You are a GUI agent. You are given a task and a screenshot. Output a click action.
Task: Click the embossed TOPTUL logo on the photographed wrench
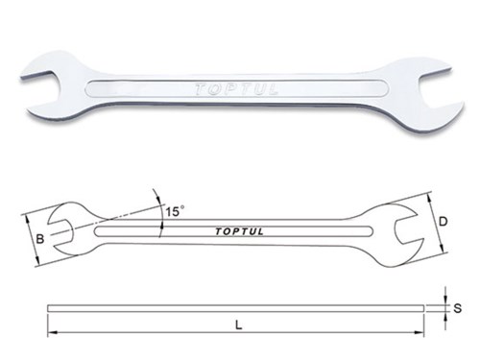(x=236, y=89)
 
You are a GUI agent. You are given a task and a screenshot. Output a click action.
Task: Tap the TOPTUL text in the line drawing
(x=239, y=231)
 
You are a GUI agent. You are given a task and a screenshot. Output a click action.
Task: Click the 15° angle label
(x=175, y=211)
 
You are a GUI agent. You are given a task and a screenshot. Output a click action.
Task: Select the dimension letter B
(x=40, y=239)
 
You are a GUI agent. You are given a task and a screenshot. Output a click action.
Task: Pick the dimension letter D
(x=443, y=222)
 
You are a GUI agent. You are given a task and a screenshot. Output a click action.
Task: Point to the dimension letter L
(x=238, y=325)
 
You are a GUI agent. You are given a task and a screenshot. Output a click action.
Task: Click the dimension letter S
(x=458, y=308)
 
